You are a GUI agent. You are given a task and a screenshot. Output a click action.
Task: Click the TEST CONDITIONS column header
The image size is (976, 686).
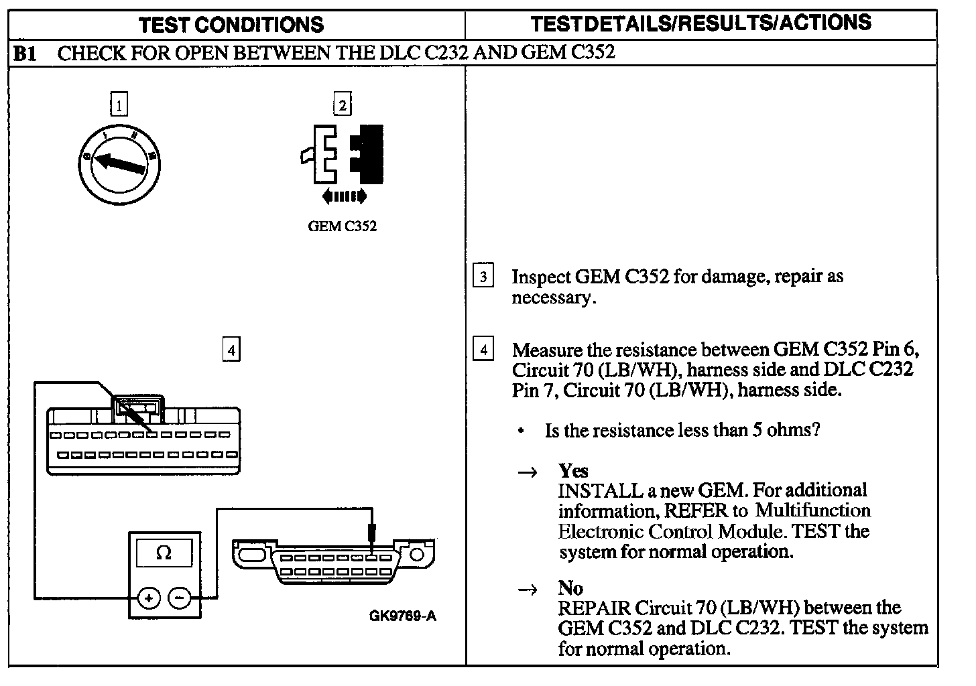[231, 25]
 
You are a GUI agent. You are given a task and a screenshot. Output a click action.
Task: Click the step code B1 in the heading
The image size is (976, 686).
[25, 54]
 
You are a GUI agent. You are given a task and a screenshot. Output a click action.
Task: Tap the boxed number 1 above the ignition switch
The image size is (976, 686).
[119, 105]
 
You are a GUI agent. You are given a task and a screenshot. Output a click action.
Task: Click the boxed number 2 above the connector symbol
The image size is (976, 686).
[342, 105]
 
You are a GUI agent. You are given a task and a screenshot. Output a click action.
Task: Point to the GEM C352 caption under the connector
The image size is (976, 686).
[342, 226]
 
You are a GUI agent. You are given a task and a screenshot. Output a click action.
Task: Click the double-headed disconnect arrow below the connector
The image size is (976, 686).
[344, 196]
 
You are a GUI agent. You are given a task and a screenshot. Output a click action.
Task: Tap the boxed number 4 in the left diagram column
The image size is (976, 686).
[231, 350]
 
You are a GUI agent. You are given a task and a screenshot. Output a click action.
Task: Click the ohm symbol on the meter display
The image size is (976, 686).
[163, 553]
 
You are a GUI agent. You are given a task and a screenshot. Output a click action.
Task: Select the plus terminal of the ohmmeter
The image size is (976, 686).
[149, 598]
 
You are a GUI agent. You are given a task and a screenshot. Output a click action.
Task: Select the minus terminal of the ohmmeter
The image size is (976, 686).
[179, 598]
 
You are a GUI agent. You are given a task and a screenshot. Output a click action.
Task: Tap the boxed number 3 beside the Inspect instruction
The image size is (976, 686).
[483, 276]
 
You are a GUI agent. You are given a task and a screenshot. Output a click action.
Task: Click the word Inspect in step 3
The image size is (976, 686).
[540, 277]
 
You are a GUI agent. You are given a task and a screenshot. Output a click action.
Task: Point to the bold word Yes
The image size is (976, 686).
[573, 470]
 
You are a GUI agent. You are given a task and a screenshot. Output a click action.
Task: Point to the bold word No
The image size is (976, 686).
[570, 588]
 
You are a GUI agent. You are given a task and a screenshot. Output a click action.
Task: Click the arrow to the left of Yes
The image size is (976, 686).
[528, 472]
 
